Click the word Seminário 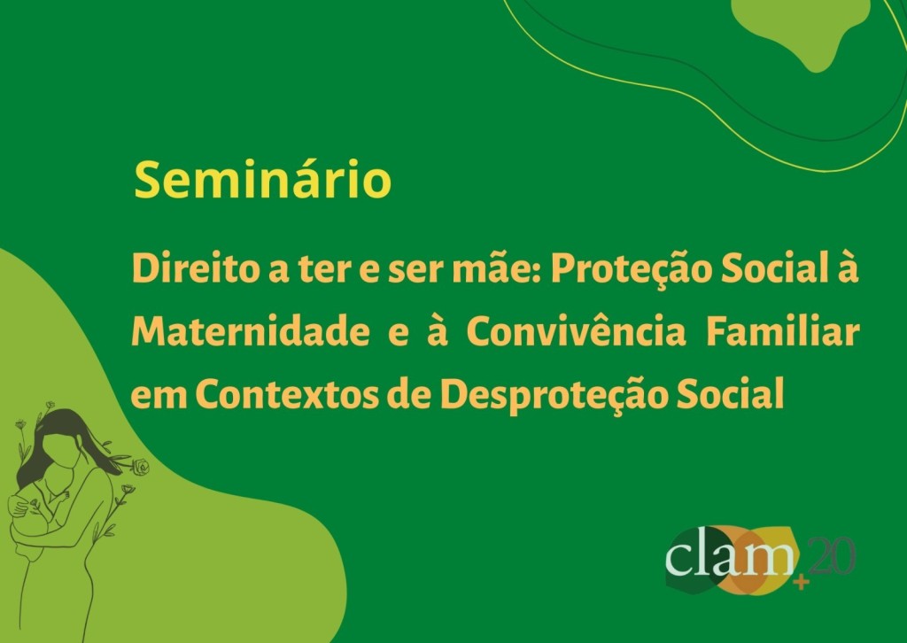(x=262, y=179)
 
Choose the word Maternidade (x=251, y=332)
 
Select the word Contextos (x=286, y=394)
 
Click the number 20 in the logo (x=832, y=556)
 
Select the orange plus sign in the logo (x=801, y=582)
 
